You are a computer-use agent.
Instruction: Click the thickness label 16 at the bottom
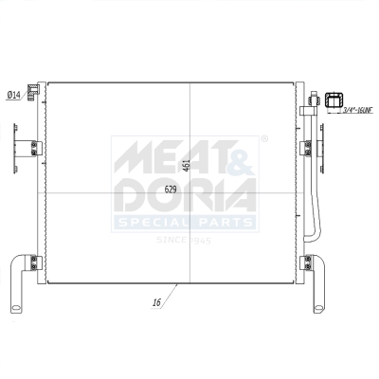click(x=157, y=302)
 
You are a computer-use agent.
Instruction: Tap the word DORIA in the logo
click(x=186, y=196)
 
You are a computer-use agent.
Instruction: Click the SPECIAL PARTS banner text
click(x=186, y=224)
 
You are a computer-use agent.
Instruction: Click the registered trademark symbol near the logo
click(x=263, y=139)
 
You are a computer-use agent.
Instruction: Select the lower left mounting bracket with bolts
click(x=35, y=262)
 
